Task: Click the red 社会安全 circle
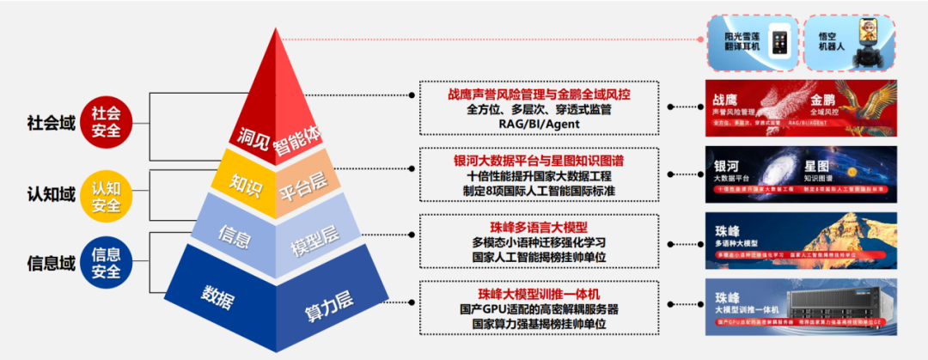(107, 122)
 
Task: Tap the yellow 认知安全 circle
(107, 196)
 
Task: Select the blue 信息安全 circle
(107, 262)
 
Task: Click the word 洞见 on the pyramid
(249, 137)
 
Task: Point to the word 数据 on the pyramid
(219, 295)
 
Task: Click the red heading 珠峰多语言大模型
(539, 227)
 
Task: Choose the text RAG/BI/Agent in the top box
(539, 125)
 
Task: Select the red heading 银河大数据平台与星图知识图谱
(539, 159)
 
